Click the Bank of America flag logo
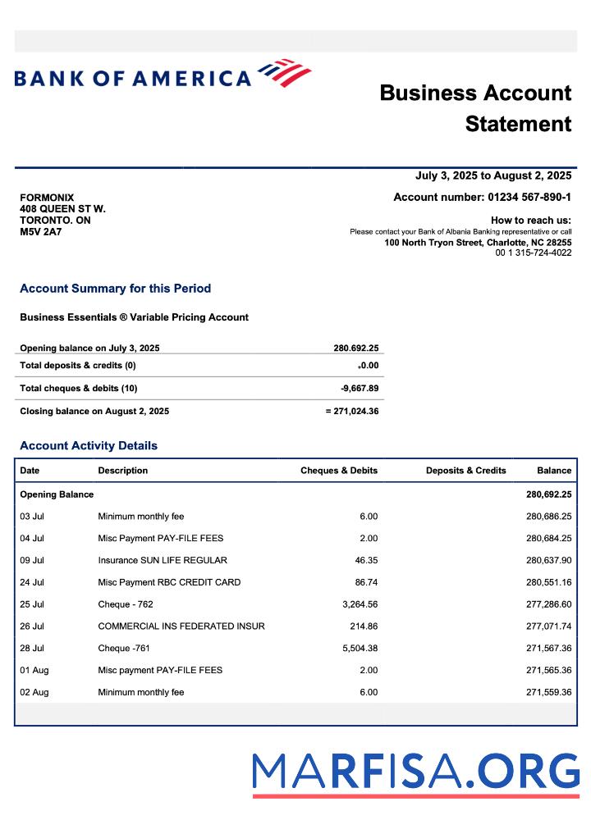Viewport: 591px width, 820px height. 285,73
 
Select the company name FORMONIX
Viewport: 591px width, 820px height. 47,198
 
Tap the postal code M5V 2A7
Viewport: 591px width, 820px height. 40,232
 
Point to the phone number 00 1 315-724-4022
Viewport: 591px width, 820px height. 534,253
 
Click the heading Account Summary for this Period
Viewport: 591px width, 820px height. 115,289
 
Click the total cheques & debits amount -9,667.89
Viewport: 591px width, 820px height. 360,388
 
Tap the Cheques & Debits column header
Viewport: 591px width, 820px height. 339,471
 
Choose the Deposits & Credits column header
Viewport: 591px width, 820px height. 465,471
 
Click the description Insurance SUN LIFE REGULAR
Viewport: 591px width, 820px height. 163,560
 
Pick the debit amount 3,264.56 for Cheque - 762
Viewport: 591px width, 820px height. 360,604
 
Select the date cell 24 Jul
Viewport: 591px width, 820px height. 32,582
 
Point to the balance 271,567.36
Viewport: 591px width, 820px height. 548,648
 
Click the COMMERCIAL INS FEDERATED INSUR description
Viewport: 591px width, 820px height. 181,626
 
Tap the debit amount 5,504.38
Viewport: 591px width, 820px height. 360,648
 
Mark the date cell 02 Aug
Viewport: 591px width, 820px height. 34,692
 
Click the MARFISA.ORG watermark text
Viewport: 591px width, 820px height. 415,772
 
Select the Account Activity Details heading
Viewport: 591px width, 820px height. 89,446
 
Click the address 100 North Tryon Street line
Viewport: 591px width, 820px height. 478,243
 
